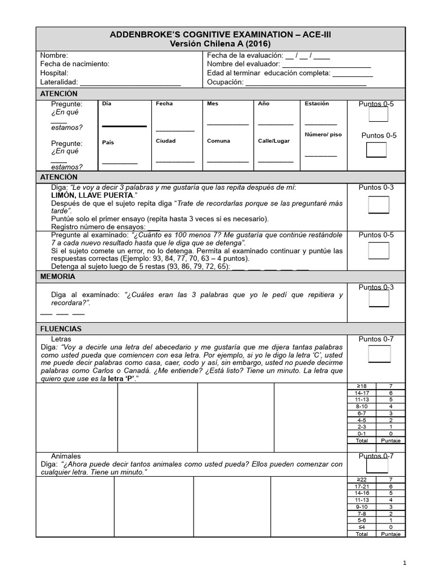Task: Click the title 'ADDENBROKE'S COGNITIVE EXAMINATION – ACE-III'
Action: pyautogui.click(x=220, y=35)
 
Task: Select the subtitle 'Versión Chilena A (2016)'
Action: pyautogui.click(x=220, y=44)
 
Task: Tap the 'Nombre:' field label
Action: pyautogui.click(x=54, y=56)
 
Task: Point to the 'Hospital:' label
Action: pyautogui.click(x=54, y=73)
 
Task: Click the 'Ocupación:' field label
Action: pyautogui.click(x=225, y=82)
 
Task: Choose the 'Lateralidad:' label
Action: pyautogui.click(x=58, y=82)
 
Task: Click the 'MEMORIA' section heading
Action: pyautogui.click(x=57, y=277)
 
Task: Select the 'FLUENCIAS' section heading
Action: pyautogui.click(x=61, y=328)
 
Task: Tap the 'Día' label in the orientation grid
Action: pyautogui.click(x=106, y=104)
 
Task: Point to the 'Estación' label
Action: pyautogui.click(x=317, y=104)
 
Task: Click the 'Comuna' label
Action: pyautogui.click(x=218, y=141)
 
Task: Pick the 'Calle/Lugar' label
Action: pyautogui.click(x=274, y=141)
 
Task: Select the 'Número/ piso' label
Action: pyautogui.click(x=323, y=135)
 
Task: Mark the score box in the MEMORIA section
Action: pyautogui.click(x=379, y=299)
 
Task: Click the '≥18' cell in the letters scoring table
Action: pyautogui.click(x=362, y=386)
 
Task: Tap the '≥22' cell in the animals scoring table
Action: pyautogui.click(x=362, y=479)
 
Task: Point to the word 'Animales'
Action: pyautogui.click(x=66, y=456)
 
